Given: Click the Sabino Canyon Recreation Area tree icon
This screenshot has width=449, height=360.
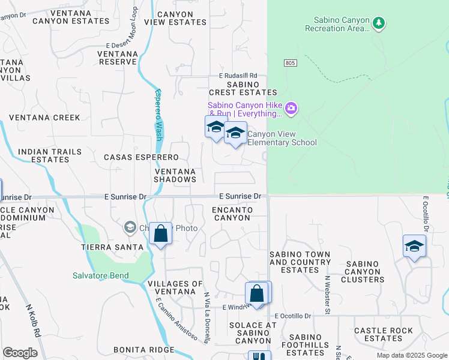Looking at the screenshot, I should point(378,23).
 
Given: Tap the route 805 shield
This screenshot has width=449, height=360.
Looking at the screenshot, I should point(290,63).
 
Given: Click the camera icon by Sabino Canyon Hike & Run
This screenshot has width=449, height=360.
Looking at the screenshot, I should point(292,109).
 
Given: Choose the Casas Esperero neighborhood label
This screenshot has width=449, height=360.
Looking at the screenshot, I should point(141,157).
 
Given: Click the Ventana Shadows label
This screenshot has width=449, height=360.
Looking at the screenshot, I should point(175,175).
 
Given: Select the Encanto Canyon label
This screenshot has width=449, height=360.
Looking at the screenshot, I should point(232,214).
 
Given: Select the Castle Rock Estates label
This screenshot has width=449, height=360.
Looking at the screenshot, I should point(384,335).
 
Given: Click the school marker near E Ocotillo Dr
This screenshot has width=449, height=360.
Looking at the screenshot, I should point(414,246).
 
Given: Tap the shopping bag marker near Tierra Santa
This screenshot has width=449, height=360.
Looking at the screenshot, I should point(161,233).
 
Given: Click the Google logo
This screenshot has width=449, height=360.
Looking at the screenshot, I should point(20,353).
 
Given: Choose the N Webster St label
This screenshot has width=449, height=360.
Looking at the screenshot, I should point(328,295).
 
